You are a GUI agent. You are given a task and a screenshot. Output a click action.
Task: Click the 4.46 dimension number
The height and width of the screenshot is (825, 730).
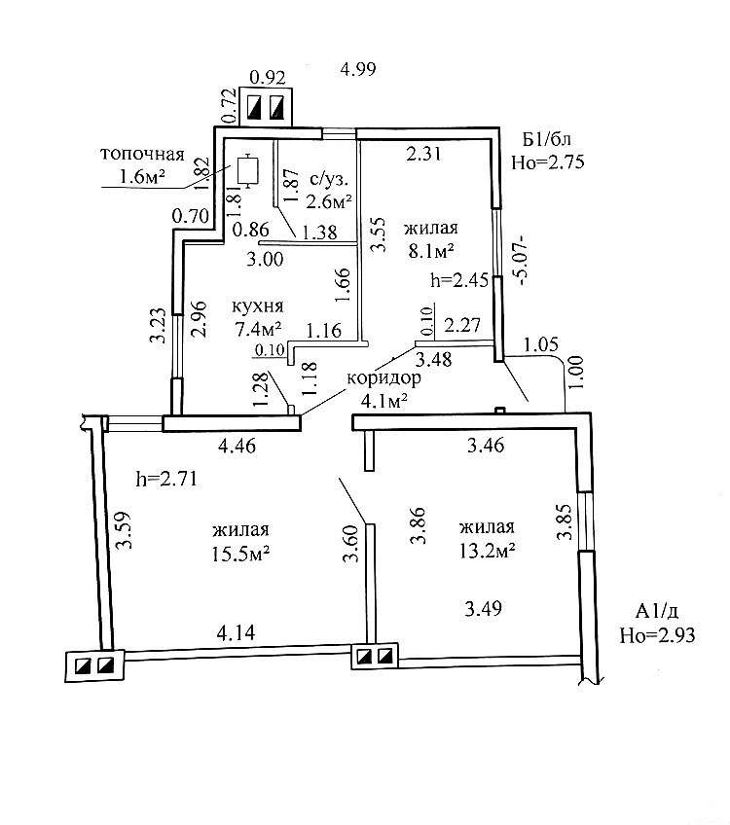(x=237, y=448)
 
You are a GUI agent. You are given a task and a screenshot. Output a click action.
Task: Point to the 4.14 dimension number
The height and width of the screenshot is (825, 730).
(x=237, y=633)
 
